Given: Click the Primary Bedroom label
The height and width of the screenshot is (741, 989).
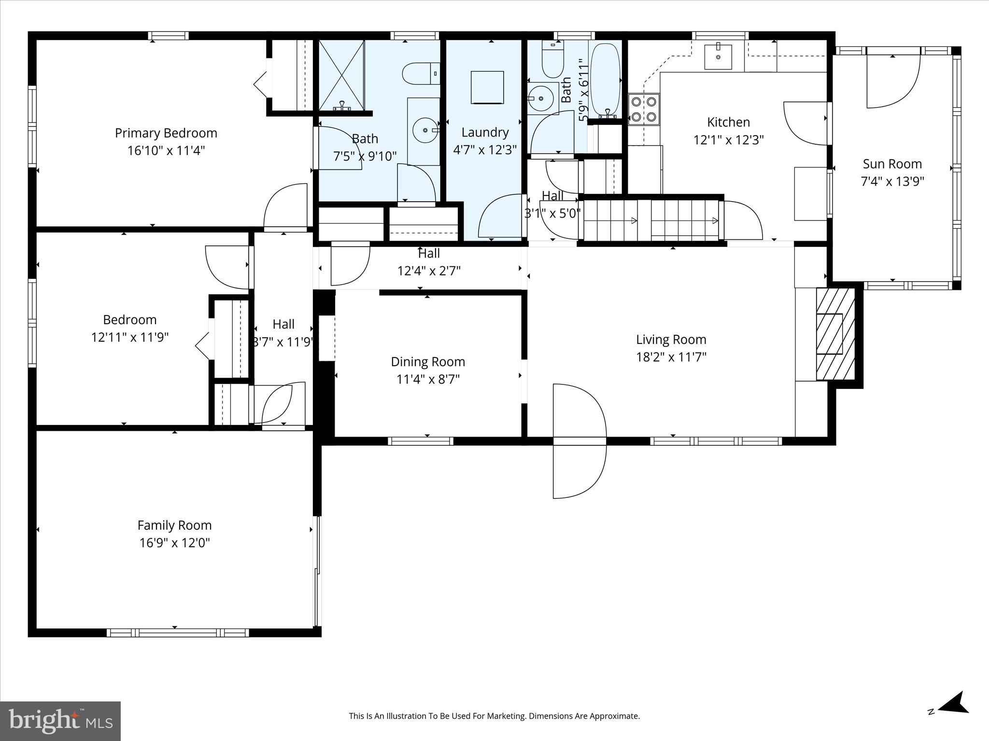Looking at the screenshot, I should [166, 133].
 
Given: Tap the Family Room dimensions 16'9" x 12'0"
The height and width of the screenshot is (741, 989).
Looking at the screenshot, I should [174, 543].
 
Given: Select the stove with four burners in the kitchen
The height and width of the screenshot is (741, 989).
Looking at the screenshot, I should [644, 109].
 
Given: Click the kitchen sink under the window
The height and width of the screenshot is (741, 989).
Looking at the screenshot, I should [718, 56].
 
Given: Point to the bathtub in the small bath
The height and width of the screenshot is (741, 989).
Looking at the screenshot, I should [605, 80].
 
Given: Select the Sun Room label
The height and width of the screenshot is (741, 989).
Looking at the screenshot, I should [892, 164].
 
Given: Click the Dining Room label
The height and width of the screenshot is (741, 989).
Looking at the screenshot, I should [428, 362].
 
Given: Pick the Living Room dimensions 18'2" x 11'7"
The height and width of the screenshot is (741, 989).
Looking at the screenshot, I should [671, 357].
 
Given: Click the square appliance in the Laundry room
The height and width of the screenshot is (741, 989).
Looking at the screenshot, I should [487, 87].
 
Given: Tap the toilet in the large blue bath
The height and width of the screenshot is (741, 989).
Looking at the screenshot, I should [420, 74].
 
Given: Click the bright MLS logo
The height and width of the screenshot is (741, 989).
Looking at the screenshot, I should [60, 721].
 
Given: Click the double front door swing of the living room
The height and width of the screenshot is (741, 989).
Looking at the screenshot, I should [579, 441].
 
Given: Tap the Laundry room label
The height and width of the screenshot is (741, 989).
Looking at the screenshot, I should [485, 133].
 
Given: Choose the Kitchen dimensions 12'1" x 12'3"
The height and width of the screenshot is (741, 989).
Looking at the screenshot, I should [728, 140].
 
